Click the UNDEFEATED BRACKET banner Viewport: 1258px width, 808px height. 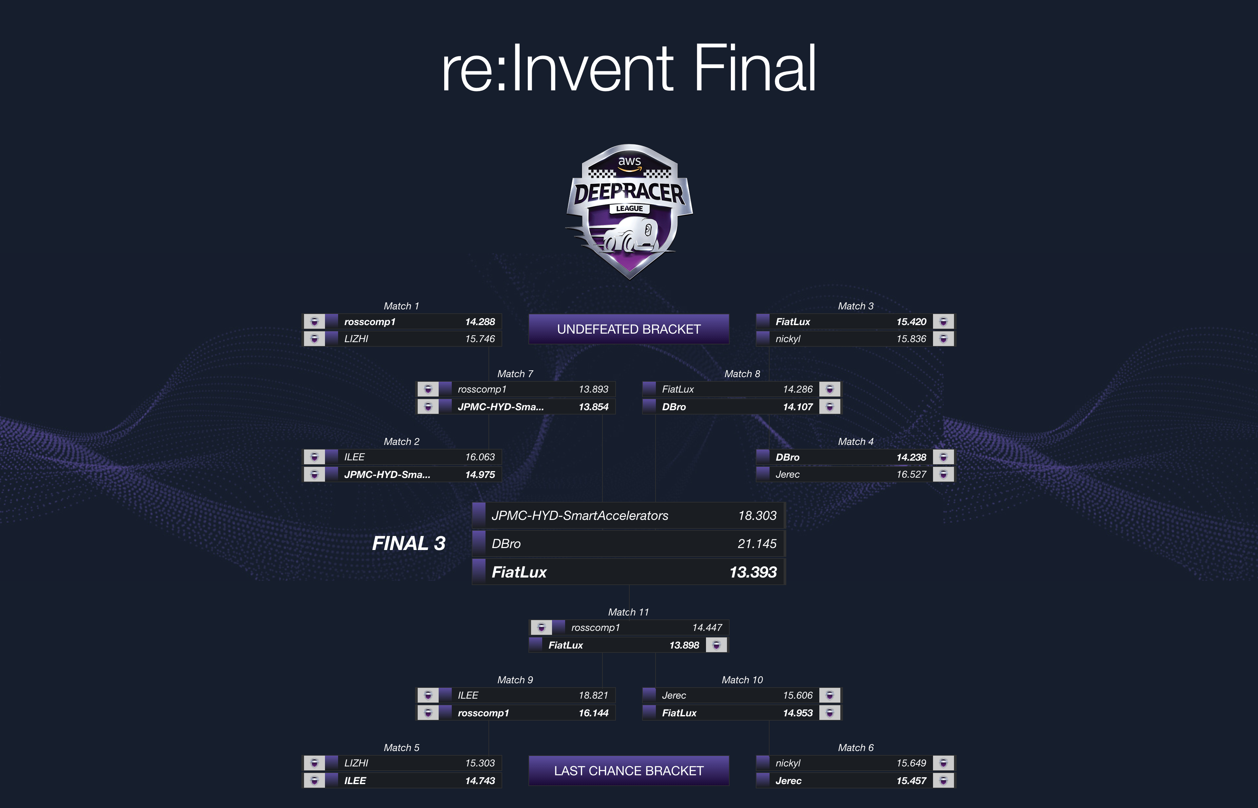628,329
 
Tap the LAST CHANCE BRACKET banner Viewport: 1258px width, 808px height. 628,771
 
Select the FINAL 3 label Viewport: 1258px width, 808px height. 409,543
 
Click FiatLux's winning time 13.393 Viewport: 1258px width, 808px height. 753,572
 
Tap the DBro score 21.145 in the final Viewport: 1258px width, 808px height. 756,543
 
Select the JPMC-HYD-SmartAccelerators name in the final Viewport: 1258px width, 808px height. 580,516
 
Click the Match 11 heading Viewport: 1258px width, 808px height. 628,612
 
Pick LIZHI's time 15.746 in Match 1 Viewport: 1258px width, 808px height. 479,339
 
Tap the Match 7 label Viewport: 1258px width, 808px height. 515,374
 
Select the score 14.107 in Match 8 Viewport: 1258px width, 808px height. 797,407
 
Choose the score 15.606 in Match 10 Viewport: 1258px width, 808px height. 797,695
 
